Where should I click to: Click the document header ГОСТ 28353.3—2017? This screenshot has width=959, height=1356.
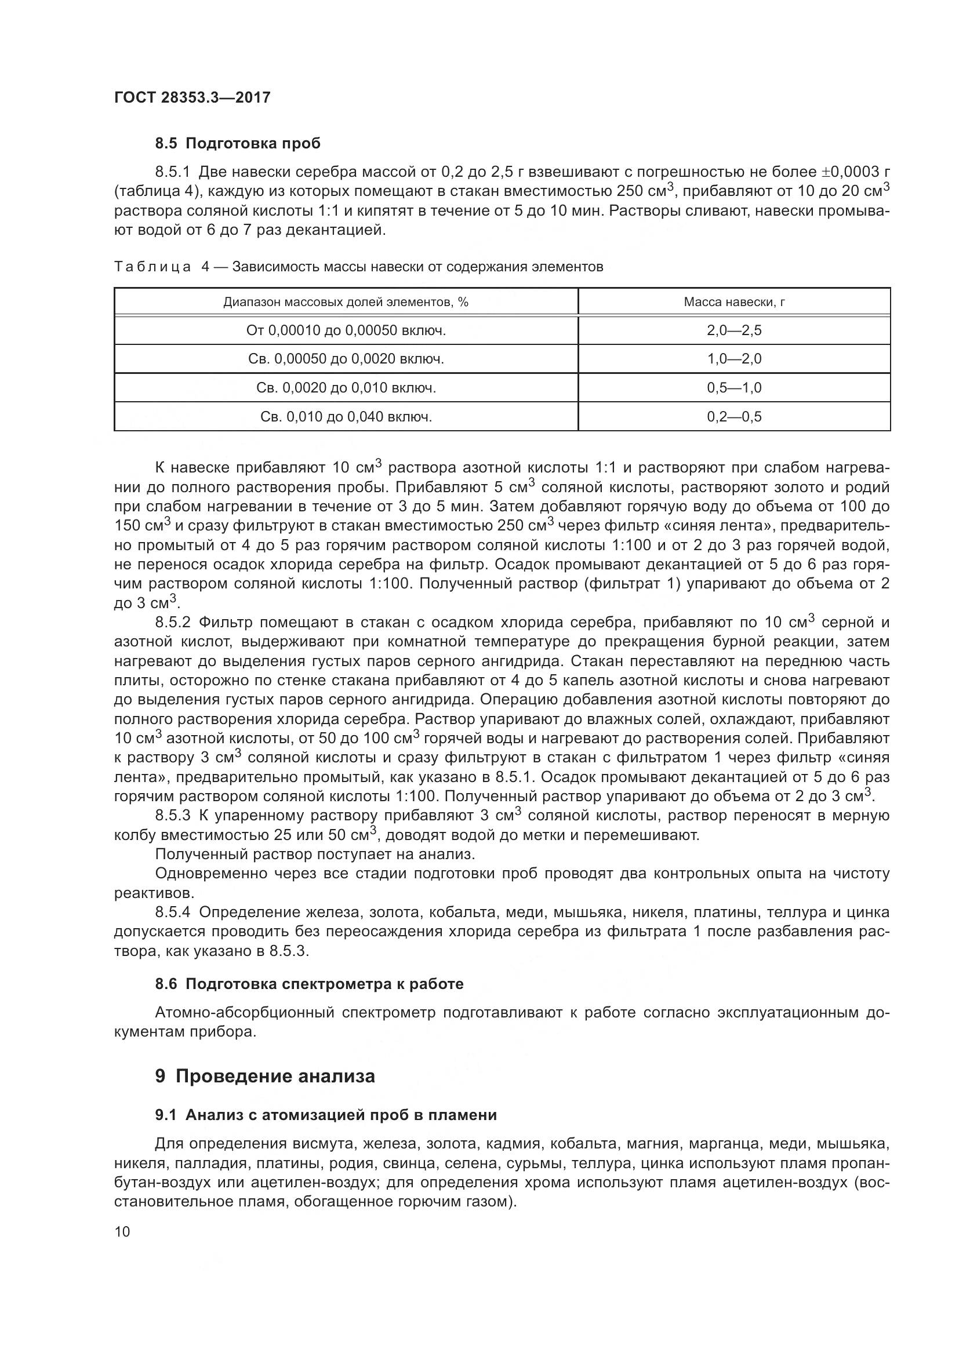pos(192,97)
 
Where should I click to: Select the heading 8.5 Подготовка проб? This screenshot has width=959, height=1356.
pos(237,144)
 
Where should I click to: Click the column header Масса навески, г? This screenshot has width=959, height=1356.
pos(734,303)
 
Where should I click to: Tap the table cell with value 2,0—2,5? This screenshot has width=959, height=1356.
pos(734,330)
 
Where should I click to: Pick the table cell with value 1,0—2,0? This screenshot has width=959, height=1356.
pos(734,359)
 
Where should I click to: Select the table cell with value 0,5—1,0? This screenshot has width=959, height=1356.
pos(734,388)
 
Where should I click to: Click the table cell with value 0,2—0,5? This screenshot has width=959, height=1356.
pos(734,417)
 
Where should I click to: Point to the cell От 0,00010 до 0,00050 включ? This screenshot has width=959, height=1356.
pos(346,330)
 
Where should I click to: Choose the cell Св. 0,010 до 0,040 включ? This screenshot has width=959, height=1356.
pos(346,417)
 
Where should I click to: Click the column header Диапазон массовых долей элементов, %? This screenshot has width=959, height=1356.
pos(346,303)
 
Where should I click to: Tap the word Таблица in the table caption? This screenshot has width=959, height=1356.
pos(152,267)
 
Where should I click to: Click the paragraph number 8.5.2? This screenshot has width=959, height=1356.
pos(172,623)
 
